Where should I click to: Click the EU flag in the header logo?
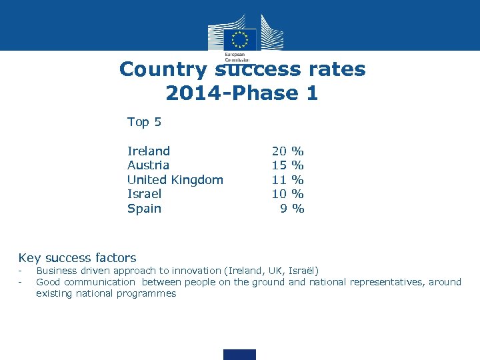[x=240, y=39]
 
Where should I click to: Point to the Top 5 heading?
[x=144, y=122]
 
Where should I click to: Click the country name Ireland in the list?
[x=149, y=151]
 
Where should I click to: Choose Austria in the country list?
[x=148, y=165]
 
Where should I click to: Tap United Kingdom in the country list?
[x=175, y=180]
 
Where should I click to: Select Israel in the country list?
[x=144, y=194]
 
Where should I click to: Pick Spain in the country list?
[x=144, y=209]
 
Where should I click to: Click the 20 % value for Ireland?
[x=287, y=151]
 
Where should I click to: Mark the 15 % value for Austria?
[x=287, y=165]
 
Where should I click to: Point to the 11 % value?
[x=287, y=180]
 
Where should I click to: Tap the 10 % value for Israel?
[x=287, y=194]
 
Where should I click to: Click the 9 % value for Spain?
[x=291, y=209]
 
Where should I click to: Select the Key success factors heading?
[x=77, y=258]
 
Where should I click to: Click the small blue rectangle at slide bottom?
[x=239, y=354]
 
